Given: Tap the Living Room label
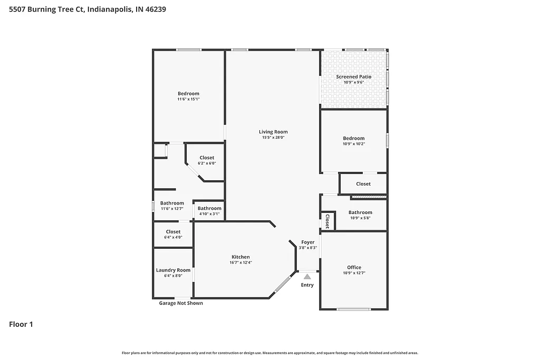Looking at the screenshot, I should click(x=273, y=132).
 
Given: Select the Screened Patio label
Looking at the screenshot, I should click(x=354, y=77).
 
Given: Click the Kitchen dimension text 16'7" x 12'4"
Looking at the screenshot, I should click(x=240, y=262).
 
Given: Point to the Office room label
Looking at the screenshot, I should click(x=354, y=267).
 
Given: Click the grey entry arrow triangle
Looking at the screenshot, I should click(x=307, y=276).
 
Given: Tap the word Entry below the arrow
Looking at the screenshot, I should click(x=307, y=285).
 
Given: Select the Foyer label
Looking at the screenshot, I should click(x=308, y=242).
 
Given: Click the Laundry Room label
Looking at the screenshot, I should click(x=173, y=270).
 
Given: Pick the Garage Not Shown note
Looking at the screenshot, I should click(x=181, y=303).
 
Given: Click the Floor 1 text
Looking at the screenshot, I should click(x=21, y=325).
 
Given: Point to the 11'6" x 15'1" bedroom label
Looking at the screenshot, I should click(x=188, y=99).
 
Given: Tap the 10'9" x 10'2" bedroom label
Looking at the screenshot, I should click(x=354, y=143).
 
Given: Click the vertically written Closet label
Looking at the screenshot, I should click(x=327, y=221).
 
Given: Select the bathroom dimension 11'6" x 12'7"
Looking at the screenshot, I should click(x=172, y=208).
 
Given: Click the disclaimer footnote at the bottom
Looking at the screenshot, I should click(x=270, y=353).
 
